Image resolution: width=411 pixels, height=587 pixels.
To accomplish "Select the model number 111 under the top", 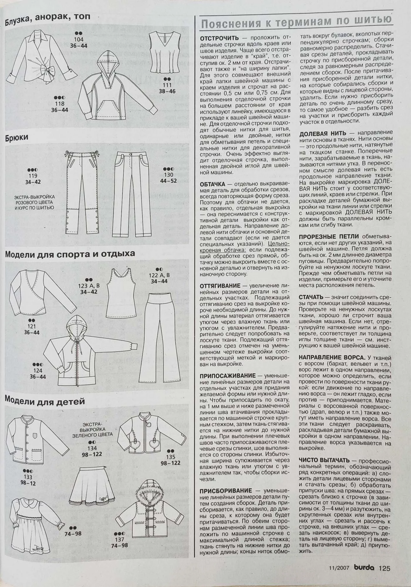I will point(167,85).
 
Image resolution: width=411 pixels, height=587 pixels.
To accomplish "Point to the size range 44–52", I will point(169,181).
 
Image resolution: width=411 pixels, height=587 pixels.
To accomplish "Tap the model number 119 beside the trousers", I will point(33,176).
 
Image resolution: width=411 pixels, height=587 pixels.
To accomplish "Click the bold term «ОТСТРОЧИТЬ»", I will point(219,38).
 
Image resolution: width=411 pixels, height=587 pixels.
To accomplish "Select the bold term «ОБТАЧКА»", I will point(212,184).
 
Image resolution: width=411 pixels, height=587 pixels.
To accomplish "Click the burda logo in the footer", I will point(364,568).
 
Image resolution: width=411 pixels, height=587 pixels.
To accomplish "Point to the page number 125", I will point(384,568).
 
